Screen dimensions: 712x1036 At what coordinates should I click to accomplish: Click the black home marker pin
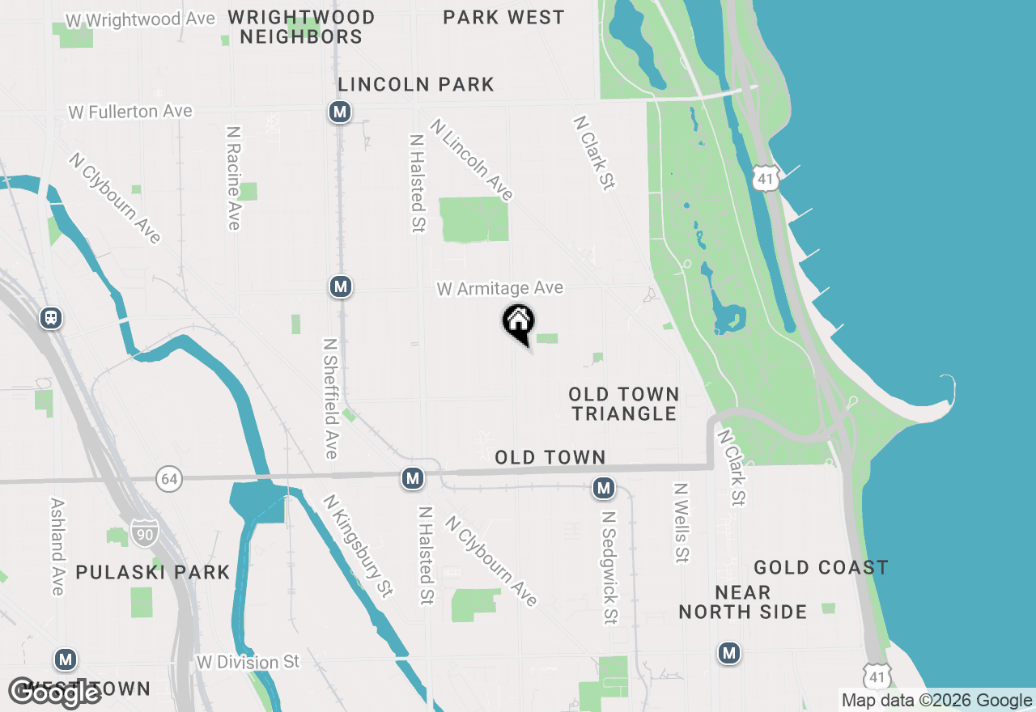click(519, 323)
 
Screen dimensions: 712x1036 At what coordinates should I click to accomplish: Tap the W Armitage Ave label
click(499, 289)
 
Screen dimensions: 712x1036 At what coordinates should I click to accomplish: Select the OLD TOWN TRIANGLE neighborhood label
click(623, 404)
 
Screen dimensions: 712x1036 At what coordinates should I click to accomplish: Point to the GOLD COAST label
click(821, 567)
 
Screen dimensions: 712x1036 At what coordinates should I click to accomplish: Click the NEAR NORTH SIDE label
click(742, 602)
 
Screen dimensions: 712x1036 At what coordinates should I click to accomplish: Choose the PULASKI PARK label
click(153, 572)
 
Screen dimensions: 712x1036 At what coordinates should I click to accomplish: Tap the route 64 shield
click(168, 478)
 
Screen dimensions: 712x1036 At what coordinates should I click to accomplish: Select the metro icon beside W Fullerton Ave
click(340, 112)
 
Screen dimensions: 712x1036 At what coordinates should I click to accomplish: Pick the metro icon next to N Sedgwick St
click(603, 487)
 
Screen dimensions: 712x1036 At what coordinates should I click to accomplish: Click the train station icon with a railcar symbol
click(51, 318)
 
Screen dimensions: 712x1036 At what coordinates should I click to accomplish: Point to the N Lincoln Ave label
click(472, 160)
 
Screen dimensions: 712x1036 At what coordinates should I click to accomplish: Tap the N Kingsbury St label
click(359, 545)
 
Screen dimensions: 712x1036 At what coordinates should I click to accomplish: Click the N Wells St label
click(681, 523)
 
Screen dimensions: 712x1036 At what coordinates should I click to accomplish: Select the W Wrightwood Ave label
click(141, 19)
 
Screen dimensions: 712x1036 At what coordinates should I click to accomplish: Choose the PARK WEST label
click(503, 17)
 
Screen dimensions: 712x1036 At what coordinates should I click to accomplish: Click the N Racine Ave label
click(234, 178)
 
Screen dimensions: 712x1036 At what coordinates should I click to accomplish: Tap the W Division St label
click(248, 663)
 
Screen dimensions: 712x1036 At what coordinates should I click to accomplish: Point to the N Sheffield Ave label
click(330, 398)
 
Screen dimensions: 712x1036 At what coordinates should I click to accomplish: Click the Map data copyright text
click(936, 701)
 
